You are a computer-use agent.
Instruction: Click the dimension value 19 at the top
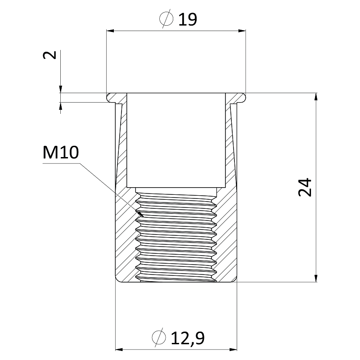pyautogui.click(x=188, y=19)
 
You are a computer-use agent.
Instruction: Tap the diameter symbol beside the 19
pyautogui.click(x=166, y=19)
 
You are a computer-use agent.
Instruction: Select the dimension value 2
pyautogui.click(x=49, y=55)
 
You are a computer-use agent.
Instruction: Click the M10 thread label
pyautogui.click(x=61, y=153)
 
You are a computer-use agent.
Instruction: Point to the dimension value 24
pyautogui.click(x=305, y=187)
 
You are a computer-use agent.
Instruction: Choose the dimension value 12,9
pyautogui.click(x=188, y=338)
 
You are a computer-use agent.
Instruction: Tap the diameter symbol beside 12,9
pyautogui.click(x=159, y=337)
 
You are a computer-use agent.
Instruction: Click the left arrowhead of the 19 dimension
pyautogui.click(x=110, y=31)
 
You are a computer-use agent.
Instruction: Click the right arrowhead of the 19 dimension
pyautogui.click(x=242, y=31)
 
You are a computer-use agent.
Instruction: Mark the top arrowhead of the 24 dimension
pyautogui.click(x=316, y=97)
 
